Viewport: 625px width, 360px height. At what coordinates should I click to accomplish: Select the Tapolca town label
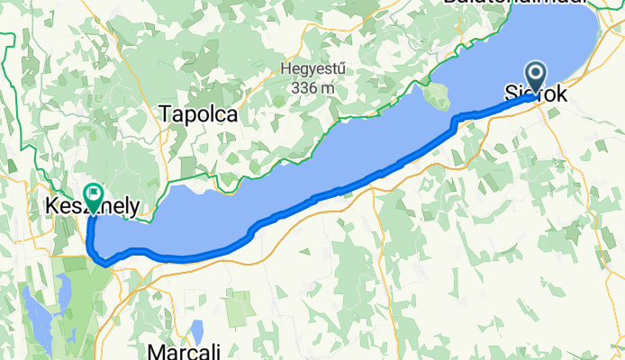198,114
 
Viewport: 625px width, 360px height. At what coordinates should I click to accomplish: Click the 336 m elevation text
312,88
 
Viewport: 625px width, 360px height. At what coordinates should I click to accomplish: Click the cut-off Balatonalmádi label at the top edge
514,3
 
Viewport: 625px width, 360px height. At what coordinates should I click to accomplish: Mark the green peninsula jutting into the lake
438,94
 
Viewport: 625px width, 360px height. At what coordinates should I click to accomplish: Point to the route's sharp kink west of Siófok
455,120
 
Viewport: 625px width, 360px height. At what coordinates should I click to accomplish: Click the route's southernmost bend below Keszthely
105,264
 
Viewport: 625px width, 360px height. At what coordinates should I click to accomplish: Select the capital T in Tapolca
166,114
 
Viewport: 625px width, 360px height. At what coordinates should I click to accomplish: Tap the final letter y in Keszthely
133,210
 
